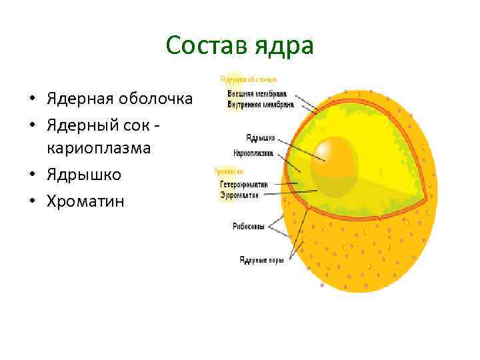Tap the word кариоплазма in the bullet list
99,149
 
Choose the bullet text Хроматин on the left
85,201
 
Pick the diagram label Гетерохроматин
244,183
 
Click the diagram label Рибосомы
249,226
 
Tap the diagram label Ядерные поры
261,260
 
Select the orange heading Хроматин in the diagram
228,173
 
